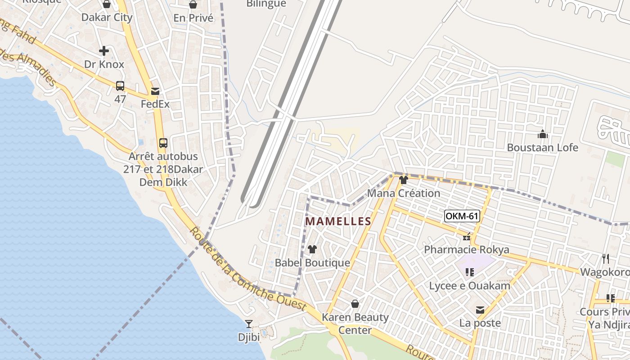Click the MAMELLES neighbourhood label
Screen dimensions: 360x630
tap(338, 221)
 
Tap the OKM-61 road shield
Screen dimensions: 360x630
tap(462, 216)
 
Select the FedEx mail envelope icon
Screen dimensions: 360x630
tap(155, 91)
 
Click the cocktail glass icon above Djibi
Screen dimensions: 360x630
tap(248, 324)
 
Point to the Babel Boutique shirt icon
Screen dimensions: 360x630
tap(312, 249)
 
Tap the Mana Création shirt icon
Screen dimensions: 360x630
tap(403, 180)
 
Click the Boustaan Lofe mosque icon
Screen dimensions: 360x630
tap(543, 134)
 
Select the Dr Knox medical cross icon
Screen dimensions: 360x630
tap(104, 51)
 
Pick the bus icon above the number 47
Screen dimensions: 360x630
tap(120, 85)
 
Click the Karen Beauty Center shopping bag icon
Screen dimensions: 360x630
tap(355, 304)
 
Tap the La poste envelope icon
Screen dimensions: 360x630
tap(480, 310)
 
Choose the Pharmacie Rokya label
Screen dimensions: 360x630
tap(467, 250)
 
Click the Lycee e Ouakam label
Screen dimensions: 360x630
tap(469, 286)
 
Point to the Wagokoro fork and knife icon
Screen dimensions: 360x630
tap(606, 259)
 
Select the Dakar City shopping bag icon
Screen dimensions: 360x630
tap(107, 4)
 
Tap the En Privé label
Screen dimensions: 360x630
tap(193, 18)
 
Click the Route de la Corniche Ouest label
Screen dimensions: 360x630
tap(248, 269)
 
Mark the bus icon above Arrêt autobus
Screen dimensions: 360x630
tap(163, 143)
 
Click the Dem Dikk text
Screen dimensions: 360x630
tap(157, 182)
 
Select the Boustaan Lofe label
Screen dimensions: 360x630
tap(543, 148)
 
